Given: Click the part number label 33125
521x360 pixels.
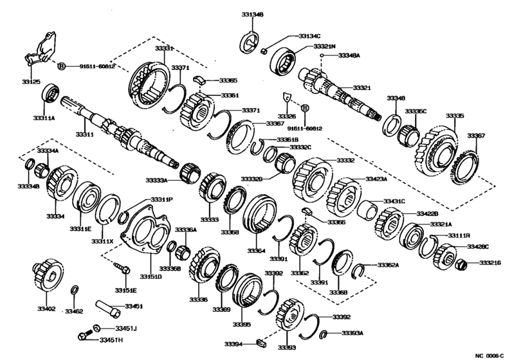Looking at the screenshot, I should pyautogui.click(x=32, y=82).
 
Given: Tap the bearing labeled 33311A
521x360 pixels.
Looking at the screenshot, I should pyautogui.click(x=50, y=94).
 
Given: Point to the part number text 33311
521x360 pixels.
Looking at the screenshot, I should pyautogui.click(x=84, y=134).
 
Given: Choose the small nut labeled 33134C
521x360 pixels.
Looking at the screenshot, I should pyautogui.click(x=264, y=50).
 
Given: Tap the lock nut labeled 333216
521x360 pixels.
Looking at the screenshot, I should pyautogui.click(x=462, y=263).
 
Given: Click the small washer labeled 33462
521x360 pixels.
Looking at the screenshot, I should pyautogui.click(x=75, y=289).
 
